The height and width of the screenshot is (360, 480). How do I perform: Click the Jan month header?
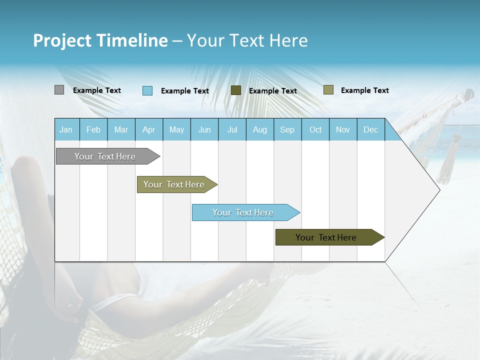66,130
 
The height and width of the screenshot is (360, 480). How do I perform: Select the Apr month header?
149,130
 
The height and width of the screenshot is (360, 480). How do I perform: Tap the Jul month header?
232,130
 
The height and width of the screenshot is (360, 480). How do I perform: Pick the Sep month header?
287,130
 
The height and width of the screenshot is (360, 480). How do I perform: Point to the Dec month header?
370,130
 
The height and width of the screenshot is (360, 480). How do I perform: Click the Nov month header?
342,130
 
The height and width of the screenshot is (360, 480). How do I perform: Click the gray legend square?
59,90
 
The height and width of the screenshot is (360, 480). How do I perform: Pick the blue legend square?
147,90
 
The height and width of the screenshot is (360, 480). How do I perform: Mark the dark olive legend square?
236,90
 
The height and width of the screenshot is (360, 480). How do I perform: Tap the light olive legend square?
328,89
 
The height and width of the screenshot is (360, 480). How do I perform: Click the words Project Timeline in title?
100,40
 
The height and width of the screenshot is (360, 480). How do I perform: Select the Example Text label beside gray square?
97,90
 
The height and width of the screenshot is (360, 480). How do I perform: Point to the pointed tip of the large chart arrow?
439,190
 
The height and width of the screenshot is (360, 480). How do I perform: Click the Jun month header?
204,130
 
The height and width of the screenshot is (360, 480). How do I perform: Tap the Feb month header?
93,130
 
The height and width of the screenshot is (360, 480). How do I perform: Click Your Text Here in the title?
247,40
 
